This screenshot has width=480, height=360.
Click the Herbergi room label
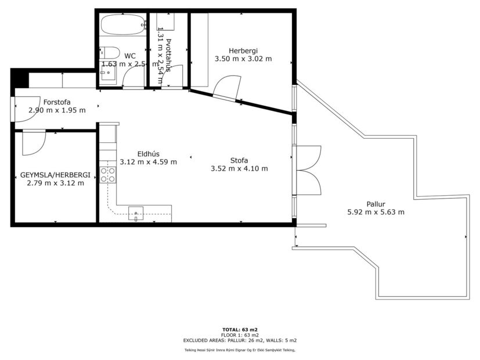click(243, 50)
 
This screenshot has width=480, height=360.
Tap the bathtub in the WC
click(122, 24)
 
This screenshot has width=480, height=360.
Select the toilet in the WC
click(110, 51)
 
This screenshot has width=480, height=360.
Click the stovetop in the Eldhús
click(107, 175)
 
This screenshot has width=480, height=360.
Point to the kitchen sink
click(136, 213)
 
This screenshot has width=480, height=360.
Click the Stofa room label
click(239, 160)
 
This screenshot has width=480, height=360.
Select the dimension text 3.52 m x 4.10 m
click(239, 169)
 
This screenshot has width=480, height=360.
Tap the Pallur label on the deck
click(376, 203)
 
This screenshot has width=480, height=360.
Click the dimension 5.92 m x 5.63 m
click(376, 213)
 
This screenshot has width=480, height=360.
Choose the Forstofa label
click(57, 102)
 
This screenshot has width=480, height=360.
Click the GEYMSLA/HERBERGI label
click(55, 174)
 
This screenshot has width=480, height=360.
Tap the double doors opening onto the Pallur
click(308, 169)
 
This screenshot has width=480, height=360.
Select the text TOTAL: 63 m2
click(240, 330)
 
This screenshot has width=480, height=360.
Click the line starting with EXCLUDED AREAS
click(240, 340)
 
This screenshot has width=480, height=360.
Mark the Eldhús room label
click(137, 154)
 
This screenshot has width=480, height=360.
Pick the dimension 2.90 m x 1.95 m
click(57, 110)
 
